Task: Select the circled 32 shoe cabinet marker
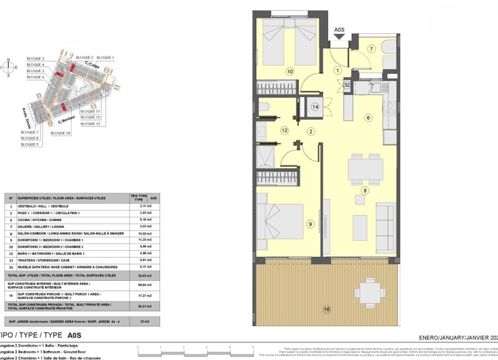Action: pyautogui.click(x=347, y=85)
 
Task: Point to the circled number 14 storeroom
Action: pyautogui.click(x=315, y=107)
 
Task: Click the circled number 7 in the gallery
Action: pyautogui.click(x=371, y=49)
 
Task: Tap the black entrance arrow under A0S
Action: pyautogui.click(x=339, y=37)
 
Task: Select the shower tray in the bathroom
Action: pyautogui.click(x=264, y=157)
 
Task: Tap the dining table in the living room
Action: pyautogui.click(x=366, y=169)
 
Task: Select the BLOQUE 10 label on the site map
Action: pyautogui.click(x=60, y=133)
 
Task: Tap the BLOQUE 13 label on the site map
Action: pyautogui.click(x=90, y=124)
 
